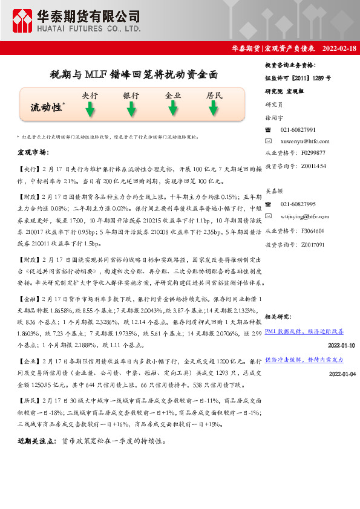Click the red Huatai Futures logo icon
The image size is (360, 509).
23,21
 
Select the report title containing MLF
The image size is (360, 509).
133,76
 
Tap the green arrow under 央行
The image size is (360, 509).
90,109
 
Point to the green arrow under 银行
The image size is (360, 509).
131,109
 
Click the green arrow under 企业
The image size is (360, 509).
173,108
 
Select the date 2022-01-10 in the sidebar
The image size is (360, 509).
342,345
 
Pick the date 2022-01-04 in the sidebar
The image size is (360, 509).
342,374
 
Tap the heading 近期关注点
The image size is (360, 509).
38,441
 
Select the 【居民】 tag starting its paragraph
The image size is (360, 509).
30,400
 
